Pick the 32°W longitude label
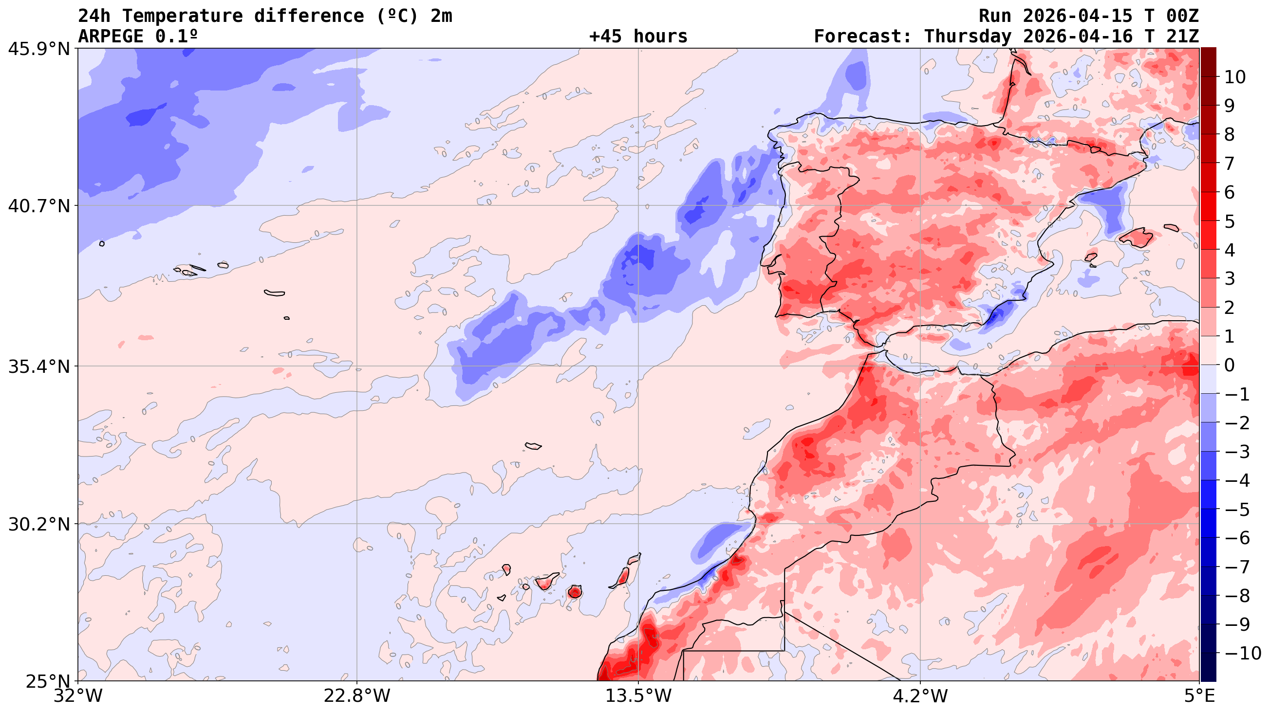[x=78, y=696]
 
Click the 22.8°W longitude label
[x=356, y=696]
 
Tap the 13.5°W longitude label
[x=638, y=696]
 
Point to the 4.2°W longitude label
[x=920, y=696]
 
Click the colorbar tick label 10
[x=1234, y=77]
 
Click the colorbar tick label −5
[x=1237, y=510]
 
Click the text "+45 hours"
[x=638, y=37]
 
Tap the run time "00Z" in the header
[x=1182, y=16]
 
